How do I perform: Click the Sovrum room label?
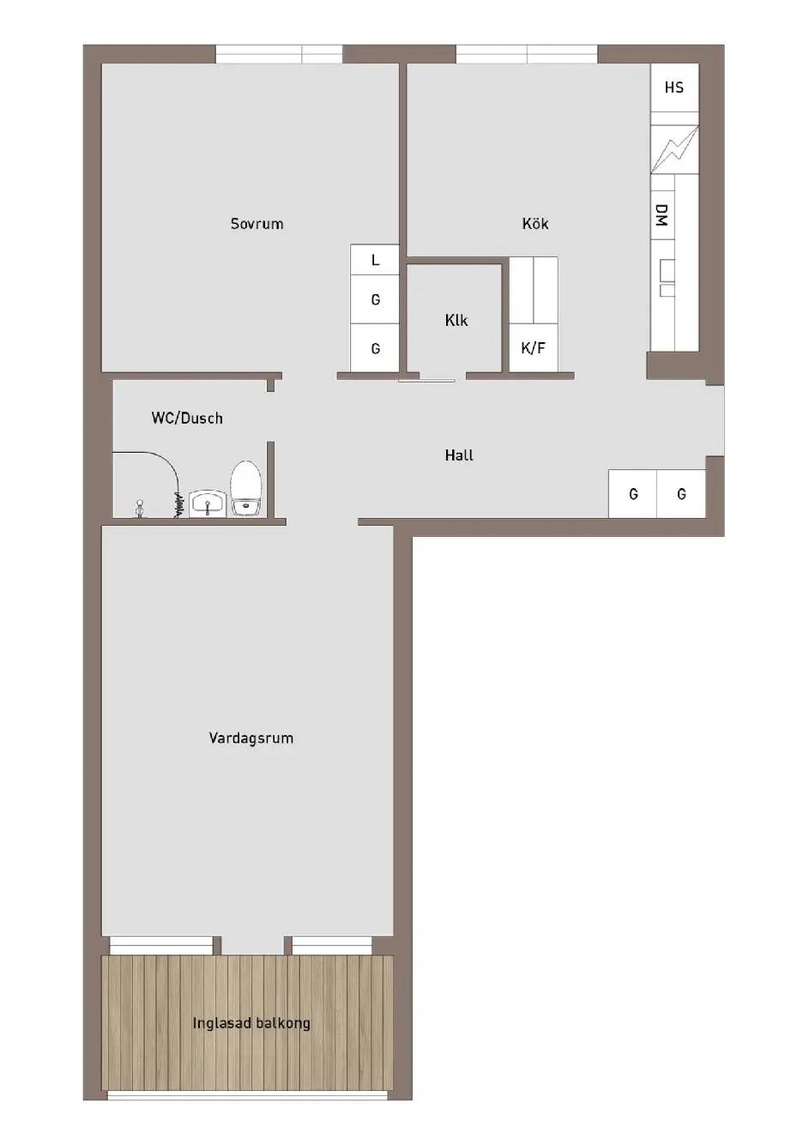[x=257, y=224]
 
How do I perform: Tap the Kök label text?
[x=535, y=223]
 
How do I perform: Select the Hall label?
[x=459, y=455]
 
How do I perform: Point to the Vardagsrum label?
[x=251, y=738]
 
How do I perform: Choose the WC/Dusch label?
[x=187, y=419]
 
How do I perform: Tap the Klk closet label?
[x=456, y=321]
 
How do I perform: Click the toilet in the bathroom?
[x=246, y=488]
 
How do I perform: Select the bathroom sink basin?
[x=208, y=503]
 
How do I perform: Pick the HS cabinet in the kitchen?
[x=674, y=87]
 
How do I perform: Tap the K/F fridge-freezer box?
[x=534, y=347]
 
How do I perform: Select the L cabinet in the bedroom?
[x=375, y=260]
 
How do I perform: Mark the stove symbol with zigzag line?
[x=674, y=148]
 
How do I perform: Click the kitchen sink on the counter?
[x=667, y=278]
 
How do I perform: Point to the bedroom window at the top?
[x=279, y=54]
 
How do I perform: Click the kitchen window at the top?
[x=527, y=54]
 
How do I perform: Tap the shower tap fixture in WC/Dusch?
[x=139, y=509]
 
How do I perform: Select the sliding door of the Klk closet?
[x=427, y=380]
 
